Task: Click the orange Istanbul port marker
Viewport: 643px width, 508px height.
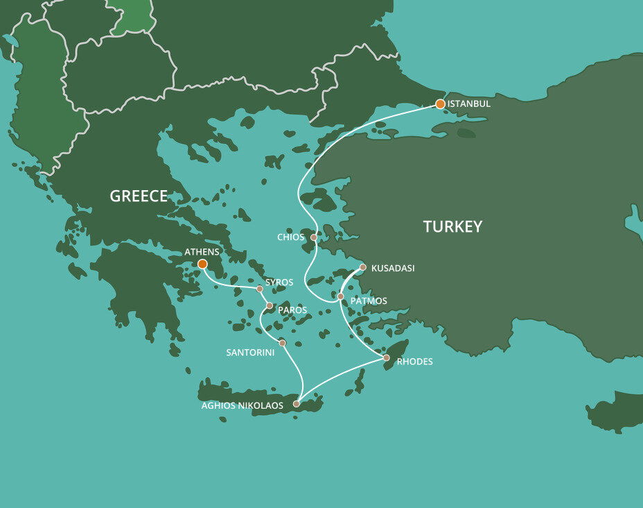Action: pyautogui.click(x=440, y=104)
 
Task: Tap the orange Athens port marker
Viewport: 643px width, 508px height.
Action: pyautogui.click(x=202, y=264)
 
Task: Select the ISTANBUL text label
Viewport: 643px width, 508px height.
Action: pyautogui.click(x=469, y=104)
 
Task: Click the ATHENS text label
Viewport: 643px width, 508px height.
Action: pyautogui.click(x=202, y=252)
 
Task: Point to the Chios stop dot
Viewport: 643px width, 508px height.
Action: pyautogui.click(x=314, y=237)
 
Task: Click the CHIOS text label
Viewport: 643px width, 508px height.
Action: pyautogui.click(x=290, y=237)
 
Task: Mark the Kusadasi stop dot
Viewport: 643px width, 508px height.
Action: pyautogui.click(x=363, y=267)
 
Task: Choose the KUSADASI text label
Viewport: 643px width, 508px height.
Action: pyautogui.click(x=393, y=268)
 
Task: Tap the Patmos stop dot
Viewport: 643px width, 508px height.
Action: pyautogui.click(x=340, y=296)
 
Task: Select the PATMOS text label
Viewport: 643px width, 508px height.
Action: pyautogui.click(x=369, y=301)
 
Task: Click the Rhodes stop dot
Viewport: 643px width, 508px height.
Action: pyautogui.click(x=387, y=358)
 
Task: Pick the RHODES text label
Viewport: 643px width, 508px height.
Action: pyautogui.click(x=414, y=362)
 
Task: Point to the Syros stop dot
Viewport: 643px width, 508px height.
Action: pyautogui.click(x=260, y=289)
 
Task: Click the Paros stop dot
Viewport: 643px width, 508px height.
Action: pyautogui.click(x=270, y=305)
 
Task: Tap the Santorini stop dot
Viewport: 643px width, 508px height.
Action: pyautogui.click(x=282, y=343)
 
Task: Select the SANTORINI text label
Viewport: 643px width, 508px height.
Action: pyautogui.click(x=250, y=353)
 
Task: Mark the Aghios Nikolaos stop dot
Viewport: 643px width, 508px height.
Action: pyautogui.click(x=297, y=403)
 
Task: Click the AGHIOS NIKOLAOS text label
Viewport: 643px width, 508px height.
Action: pyautogui.click(x=243, y=406)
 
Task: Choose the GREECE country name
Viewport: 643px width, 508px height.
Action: pyautogui.click(x=139, y=196)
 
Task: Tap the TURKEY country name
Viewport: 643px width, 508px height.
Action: pyautogui.click(x=452, y=226)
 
